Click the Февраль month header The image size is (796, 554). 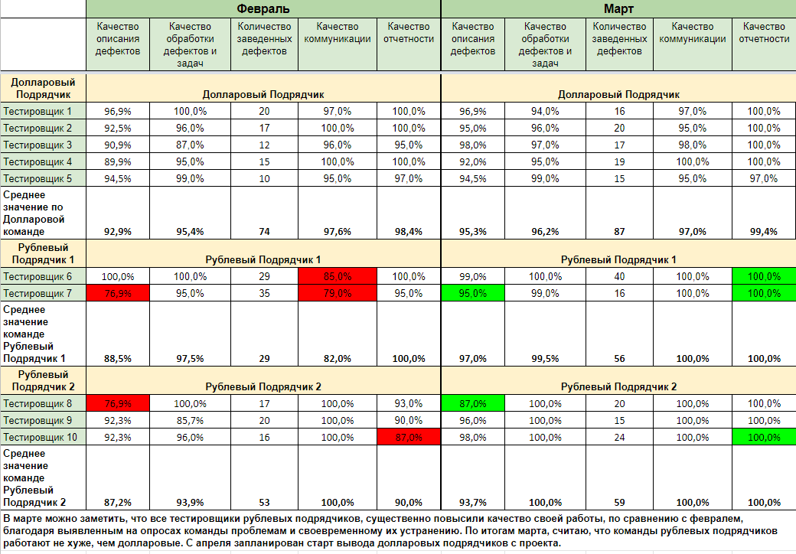(x=263, y=9)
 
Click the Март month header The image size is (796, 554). (x=618, y=9)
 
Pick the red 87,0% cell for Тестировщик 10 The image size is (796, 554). (x=409, y=437)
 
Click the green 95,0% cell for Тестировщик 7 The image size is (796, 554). (x=473, y=293)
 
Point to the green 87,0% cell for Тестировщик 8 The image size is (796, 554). (x=473, y=403)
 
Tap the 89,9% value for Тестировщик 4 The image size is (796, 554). (x=117, y=161)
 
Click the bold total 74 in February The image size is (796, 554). (x=264, y=231)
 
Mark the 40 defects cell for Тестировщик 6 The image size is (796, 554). (x=619, y=276)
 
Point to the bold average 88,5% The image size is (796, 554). (x=117, y=358)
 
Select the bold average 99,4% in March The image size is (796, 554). (x=763, y=231)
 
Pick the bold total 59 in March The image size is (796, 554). (x=619, y=502)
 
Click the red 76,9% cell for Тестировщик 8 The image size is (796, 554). (x=117, y=403)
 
